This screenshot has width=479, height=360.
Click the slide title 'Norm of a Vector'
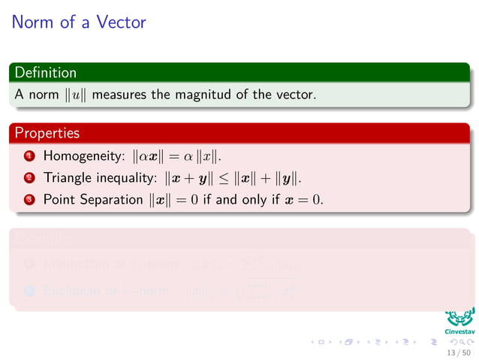[x=79, y=22]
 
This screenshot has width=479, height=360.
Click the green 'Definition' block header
[x=46, y=73]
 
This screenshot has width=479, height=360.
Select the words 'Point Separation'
[x=92, y=200]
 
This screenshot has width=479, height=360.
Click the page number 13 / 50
[x=458, y=352]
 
